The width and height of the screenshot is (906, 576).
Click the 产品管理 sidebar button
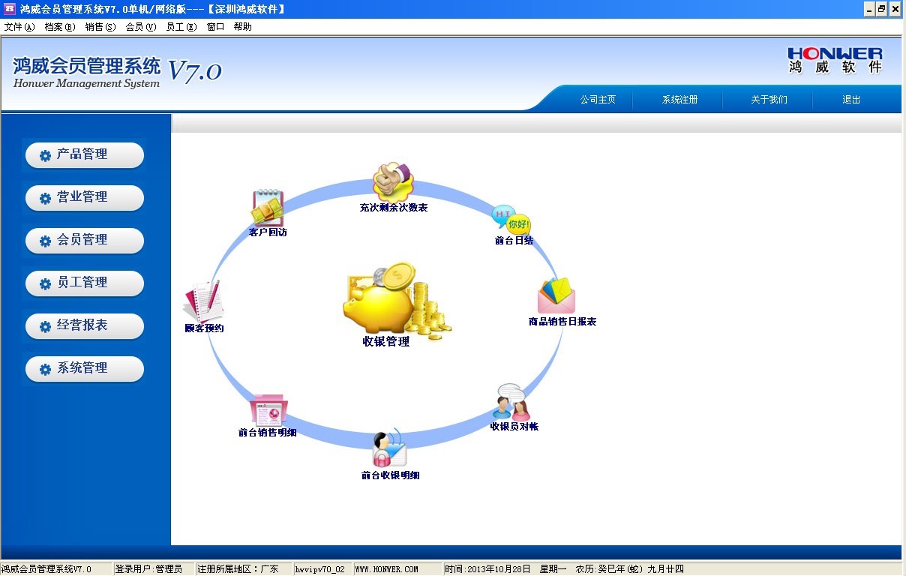click(x=85, y=154)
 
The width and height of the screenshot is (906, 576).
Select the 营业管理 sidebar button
click(x=85, y=197)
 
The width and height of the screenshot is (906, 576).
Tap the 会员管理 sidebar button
click(x=85, y=240)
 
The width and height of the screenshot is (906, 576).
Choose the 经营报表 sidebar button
click(x=85, y=325)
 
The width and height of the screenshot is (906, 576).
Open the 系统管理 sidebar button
click(x=85, y=368)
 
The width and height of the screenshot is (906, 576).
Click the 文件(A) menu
click(x=19, y=27)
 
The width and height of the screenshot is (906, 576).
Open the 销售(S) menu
click(x=100, y=27)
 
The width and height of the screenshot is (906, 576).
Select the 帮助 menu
click(x=243, y=27)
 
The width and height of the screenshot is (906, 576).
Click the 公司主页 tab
click(x=598, y=100)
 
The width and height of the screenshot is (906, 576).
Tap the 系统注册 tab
click(x=679, y=100)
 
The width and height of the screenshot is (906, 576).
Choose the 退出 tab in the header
click(x=851, y=100)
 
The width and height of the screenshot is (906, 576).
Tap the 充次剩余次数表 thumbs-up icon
click(x=393, y=181)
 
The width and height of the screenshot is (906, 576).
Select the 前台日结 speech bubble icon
click(x=511, y=220)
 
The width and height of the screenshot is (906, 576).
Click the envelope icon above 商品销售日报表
click(x=556, y=295)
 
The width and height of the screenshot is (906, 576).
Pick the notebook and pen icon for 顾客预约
click(x=203, y=301)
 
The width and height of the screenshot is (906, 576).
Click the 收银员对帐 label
click(x=514, y=426)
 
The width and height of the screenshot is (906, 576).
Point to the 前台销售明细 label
click(x=267, y=433)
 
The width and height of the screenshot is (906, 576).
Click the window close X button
click(x=895, y=9)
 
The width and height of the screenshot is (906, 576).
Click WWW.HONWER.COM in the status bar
click(x=386, y=569)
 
